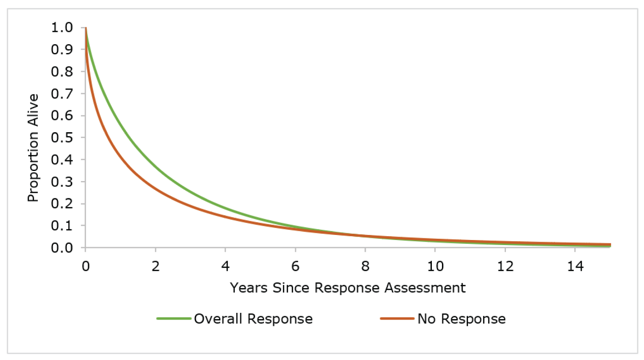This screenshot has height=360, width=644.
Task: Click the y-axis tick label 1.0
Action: click(x=62, y=28)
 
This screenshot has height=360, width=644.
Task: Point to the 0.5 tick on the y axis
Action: click(x=62, y=138)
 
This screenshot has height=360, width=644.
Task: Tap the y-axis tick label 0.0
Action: click(x=62, y=248)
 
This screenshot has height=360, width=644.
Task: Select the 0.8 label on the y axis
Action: click(x=62, y=72)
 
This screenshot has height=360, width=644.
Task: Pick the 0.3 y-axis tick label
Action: click(x=62, y=182)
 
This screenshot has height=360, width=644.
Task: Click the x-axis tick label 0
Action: click(x=85, y=266)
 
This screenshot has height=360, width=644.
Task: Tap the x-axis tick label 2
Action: click(x=155, y=266)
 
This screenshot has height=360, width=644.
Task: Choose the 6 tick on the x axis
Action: click(x=295, y=266)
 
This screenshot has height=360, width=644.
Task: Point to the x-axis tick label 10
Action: click(x=435, y=266)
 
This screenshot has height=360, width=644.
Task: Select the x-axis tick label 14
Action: click(x=575, y=266)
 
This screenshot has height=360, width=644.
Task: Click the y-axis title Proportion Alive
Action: click(x=33, y=148)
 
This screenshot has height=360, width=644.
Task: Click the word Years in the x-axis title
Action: click(x=249, y=288)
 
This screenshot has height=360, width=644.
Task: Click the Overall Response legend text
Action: click(x=253, y=319)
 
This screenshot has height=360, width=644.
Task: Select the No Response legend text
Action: click(x=461, y=319)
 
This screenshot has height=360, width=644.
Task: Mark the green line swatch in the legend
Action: click(x=174, y=319)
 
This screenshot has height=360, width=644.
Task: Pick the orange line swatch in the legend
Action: click(x=397, y=319)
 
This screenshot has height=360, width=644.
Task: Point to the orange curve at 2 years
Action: click(x=155, y=189)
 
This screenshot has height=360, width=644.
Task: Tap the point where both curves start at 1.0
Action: click(x=86, y=28)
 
